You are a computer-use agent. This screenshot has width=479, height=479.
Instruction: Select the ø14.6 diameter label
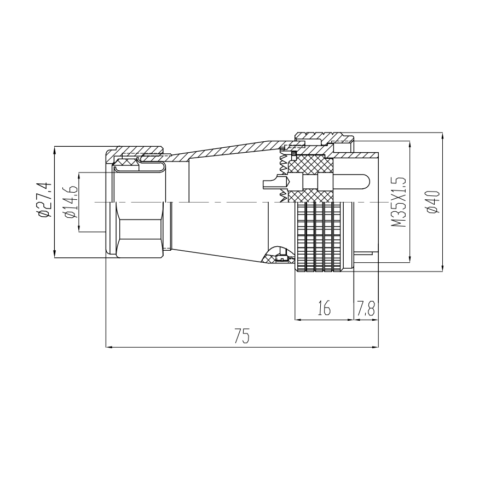coord(70,202)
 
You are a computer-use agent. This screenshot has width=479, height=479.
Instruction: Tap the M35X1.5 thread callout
coord(399,201)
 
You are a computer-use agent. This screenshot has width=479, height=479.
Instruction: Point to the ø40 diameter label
coord(434,201)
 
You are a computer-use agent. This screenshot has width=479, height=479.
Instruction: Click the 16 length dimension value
coord(324,308)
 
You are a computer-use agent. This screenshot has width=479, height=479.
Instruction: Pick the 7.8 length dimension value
coord(365,308)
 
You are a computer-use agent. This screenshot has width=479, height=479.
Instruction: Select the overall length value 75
coord(241,335)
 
